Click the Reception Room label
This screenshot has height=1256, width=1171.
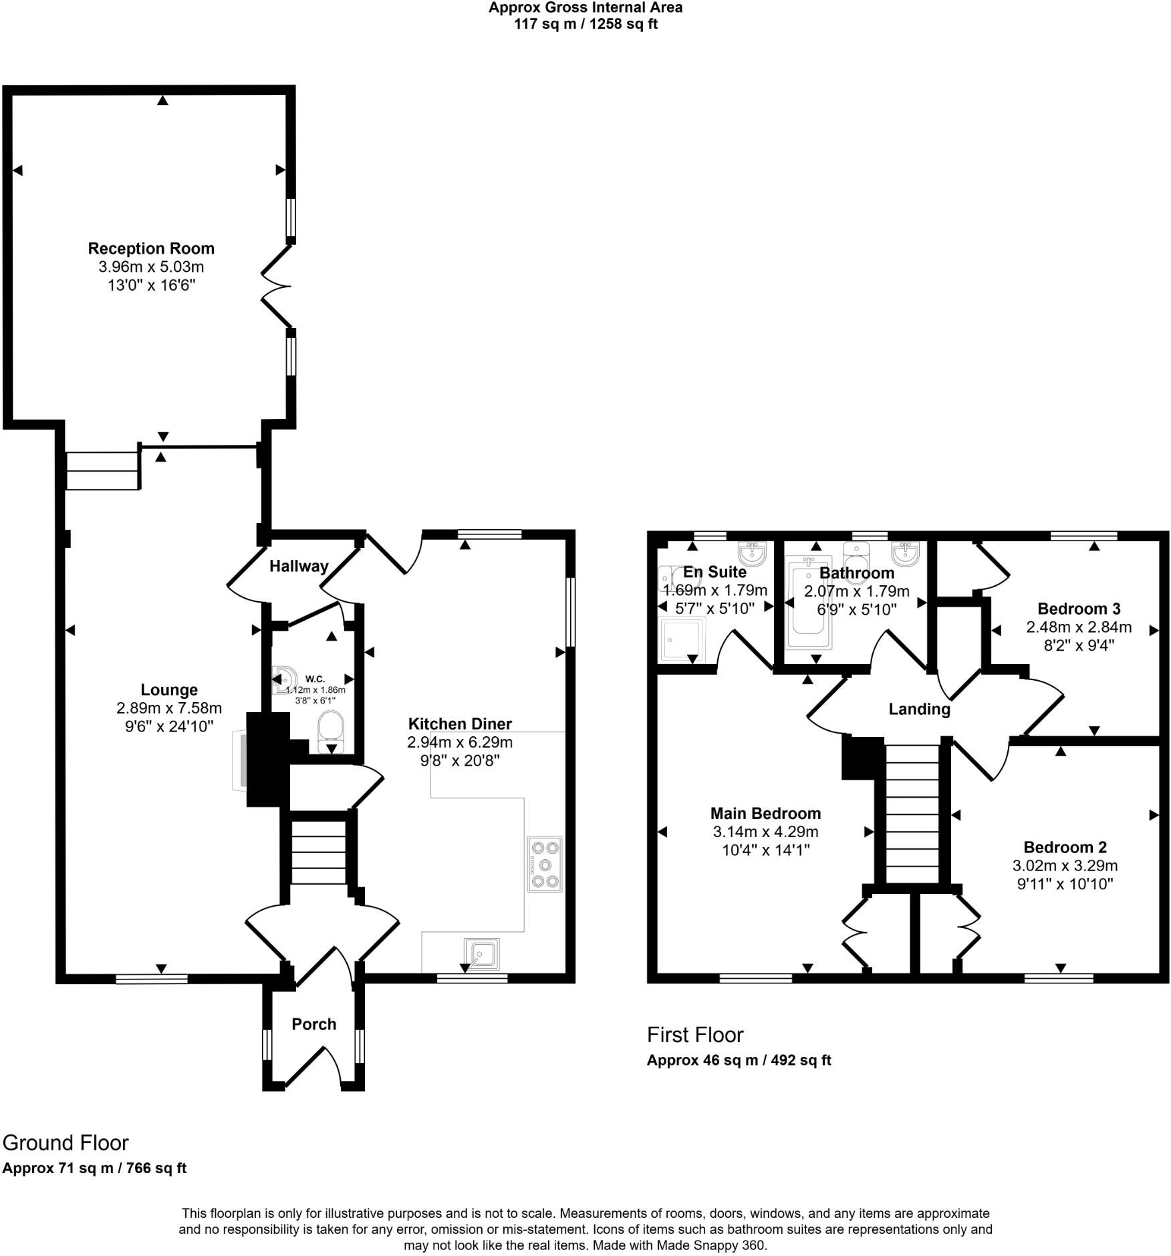[x=151, y=249]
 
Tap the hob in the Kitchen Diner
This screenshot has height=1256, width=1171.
[x=545, y=864]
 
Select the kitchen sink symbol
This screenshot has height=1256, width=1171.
[x=481, y=953]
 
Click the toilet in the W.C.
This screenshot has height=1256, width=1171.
[x=330, y=730]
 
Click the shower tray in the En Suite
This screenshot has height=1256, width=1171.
[x=682, y=639]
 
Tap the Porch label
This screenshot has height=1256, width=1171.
[x=313, y=1024]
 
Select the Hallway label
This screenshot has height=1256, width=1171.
[x=299, y=566]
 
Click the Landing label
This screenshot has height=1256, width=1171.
[x=919, y=709]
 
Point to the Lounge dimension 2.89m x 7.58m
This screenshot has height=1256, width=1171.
[x=169, y=708]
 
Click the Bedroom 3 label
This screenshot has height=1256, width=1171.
[x=1079, y=609]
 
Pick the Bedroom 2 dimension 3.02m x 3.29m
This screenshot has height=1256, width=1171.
[x=1065, y=866]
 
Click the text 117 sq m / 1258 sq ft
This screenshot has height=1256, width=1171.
[x=585, y=25]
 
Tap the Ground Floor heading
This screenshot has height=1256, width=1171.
[x=66, y=1142]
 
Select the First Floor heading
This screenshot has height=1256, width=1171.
[x=694, y=1035]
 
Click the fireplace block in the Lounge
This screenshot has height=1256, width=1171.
[x=267, y=759]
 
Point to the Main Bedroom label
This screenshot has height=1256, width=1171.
[x=765, y=813]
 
